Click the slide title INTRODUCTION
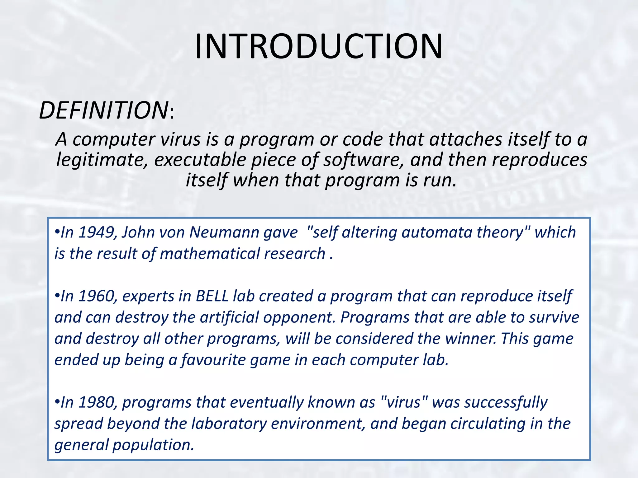(x=318, y=47)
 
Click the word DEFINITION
(x=104, y=110)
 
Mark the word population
(x=153, y=445)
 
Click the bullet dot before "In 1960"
(x=57, y=296)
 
